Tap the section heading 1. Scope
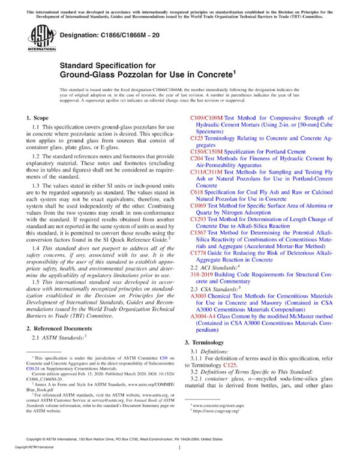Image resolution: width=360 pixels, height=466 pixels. point(39,119)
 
